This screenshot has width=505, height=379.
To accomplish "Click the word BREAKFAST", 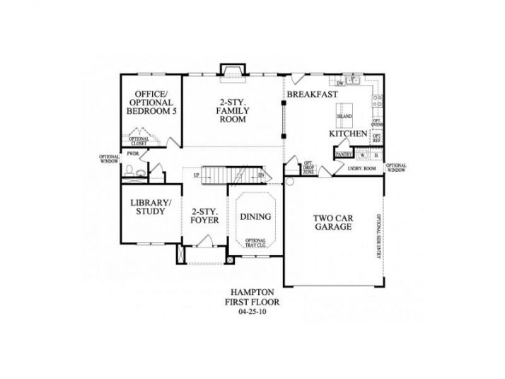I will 311,94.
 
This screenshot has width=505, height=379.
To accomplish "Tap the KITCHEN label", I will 348,133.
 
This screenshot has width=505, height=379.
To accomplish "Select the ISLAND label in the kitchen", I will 344,115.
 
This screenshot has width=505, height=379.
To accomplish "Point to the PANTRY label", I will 344,153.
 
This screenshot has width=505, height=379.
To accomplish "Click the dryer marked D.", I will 376,154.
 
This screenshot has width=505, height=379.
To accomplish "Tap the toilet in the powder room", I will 129,170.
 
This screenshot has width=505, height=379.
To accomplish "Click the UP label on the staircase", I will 197,175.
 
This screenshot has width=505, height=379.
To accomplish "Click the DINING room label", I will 253,218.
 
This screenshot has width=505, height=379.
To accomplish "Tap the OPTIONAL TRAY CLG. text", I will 255,243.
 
